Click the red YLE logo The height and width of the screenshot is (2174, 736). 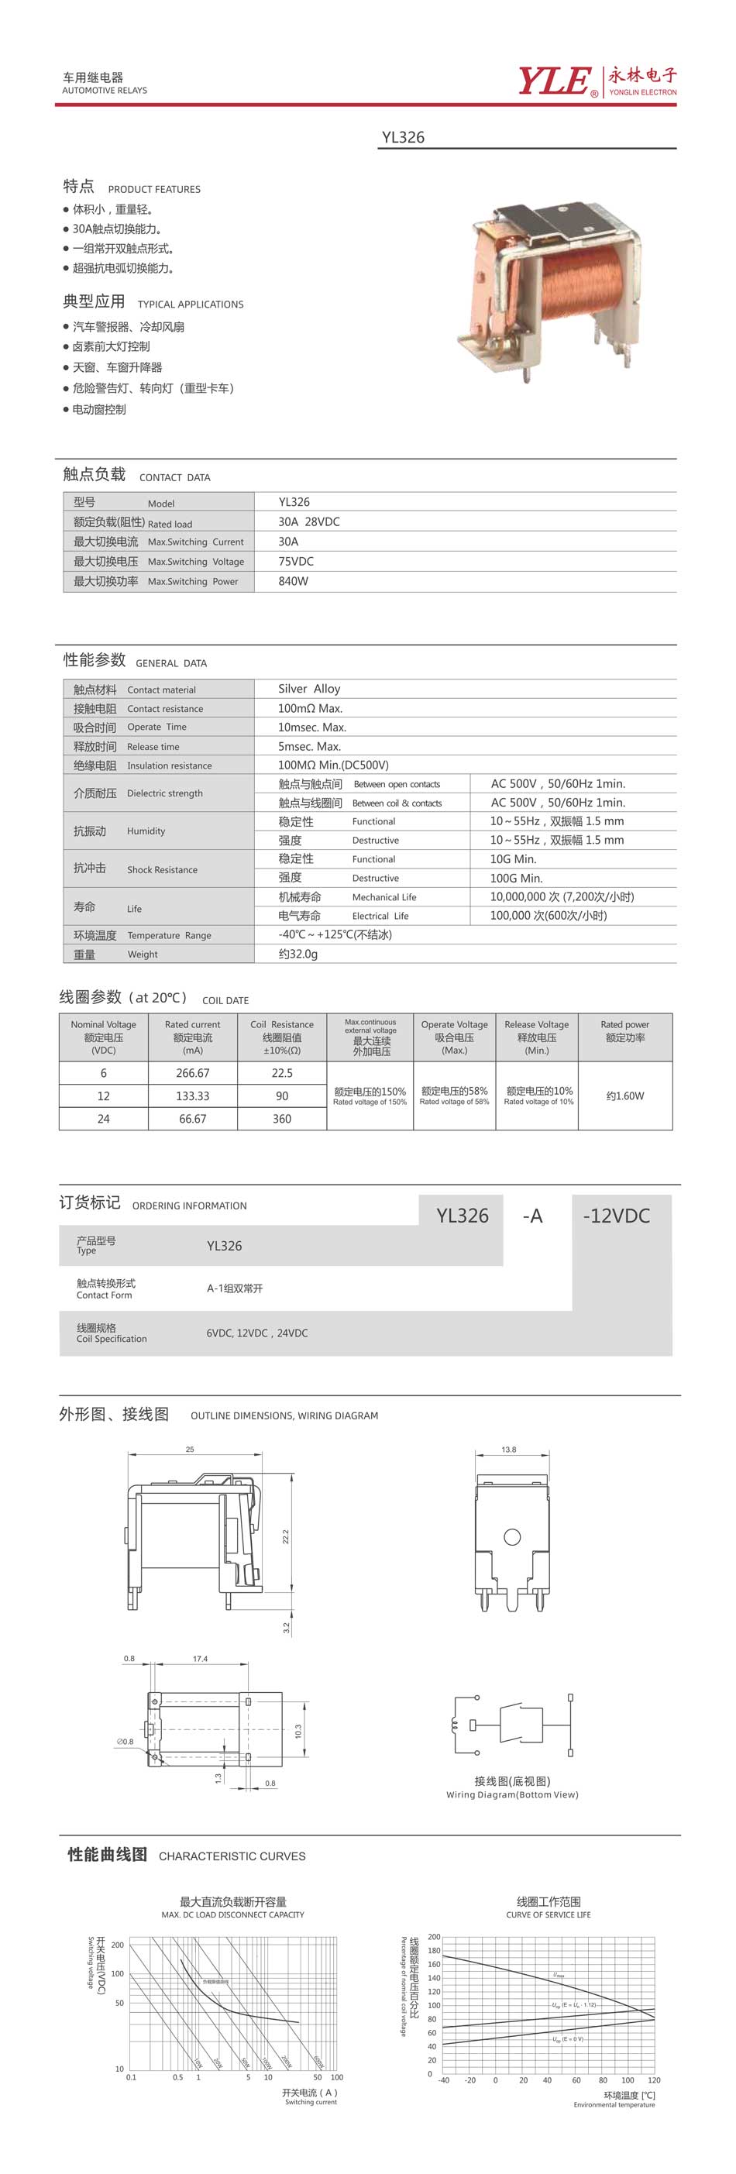554,81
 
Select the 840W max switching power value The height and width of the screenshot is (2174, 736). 293,582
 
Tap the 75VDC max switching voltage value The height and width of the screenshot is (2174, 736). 295,561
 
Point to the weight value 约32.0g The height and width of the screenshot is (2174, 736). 298,954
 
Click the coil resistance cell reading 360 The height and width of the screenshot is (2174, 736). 282,1118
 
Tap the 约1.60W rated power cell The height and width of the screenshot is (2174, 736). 624,1096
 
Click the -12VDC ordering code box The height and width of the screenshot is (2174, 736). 616,1216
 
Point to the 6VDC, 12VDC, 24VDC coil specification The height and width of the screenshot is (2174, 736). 256,1333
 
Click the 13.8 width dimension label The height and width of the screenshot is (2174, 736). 508,1449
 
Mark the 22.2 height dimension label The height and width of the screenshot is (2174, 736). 286,1537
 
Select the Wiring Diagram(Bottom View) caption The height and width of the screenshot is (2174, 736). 511,1794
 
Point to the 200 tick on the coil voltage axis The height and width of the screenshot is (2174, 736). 434,1937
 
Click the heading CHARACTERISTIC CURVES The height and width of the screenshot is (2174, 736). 232,1856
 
